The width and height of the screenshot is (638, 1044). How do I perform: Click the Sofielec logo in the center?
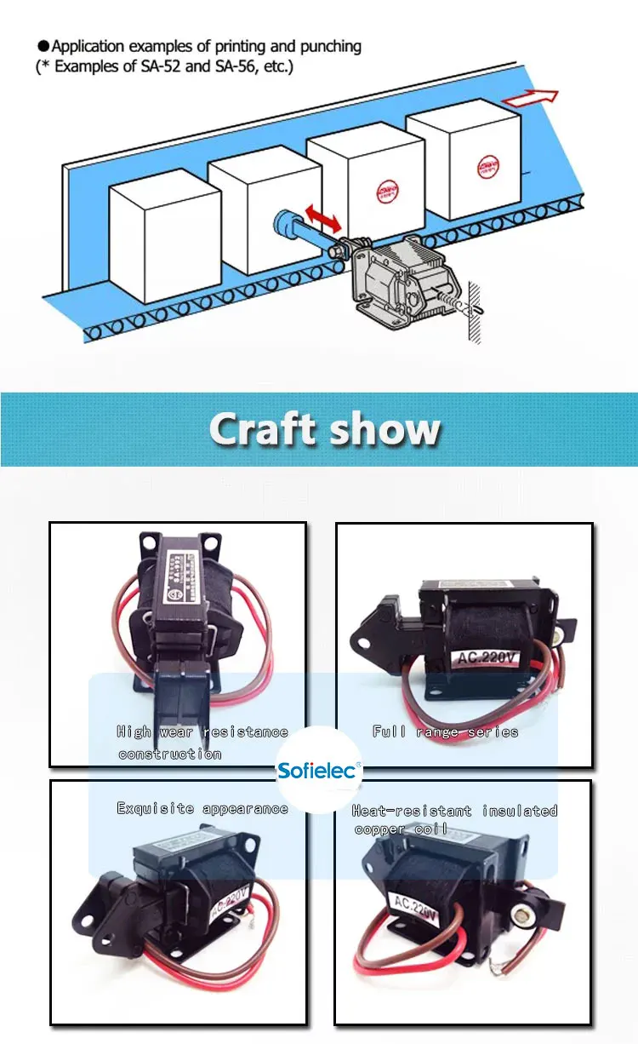tap(319, 772)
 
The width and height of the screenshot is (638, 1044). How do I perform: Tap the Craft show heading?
tap(324, 429)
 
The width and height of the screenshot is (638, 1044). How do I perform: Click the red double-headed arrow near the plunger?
tap(322, 216)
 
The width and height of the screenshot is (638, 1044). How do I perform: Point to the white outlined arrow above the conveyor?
tap(529, 99)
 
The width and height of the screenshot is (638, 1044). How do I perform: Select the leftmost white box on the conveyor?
tap(153, 232)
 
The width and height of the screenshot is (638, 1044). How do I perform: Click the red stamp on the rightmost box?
tap(487, 162)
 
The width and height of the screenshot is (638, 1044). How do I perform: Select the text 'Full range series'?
tap(445, 731)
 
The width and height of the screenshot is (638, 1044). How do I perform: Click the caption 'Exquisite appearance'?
tap(202, 808)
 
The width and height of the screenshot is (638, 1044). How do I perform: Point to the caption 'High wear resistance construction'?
tap(202, 743)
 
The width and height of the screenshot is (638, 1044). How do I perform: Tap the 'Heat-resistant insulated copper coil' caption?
tap(455, 820)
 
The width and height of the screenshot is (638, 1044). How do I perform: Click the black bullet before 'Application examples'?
tap(44, 46)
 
